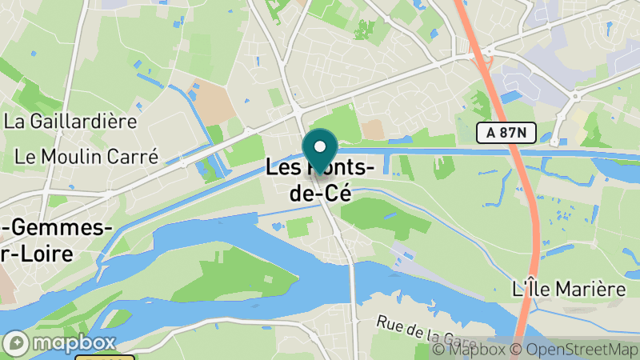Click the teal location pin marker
click(x=320, y=152)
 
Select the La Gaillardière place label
click(x=70, y=122)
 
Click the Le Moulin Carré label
click(x=86, y=156)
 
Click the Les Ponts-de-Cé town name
click(x=320, y=181)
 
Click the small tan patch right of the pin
click(x=373, y=130)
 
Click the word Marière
click(x=586, y=289)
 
